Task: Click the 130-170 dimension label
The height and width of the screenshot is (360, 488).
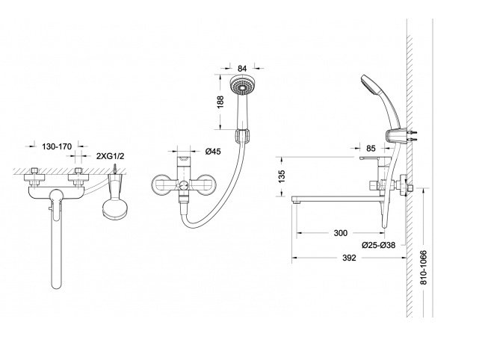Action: click(x=57, y=146)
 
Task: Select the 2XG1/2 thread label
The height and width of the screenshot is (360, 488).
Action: click(x=110, y=156)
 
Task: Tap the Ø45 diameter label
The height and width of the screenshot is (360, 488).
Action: click(x=213, y=151)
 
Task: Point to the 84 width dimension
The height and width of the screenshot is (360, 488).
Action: click(x=242, y=68)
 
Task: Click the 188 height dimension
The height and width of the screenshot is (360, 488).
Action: click(x=220, y=102)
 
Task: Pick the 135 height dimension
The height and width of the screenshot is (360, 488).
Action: click(x=281, y=176)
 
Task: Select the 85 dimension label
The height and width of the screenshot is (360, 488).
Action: click(x=371, y=149)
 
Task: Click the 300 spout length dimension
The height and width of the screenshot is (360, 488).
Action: click(x=340, y=233)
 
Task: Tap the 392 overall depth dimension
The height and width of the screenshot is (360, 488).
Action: click(x=349, y=258)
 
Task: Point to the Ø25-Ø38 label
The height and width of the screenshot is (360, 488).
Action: click(x=378, y=245)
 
